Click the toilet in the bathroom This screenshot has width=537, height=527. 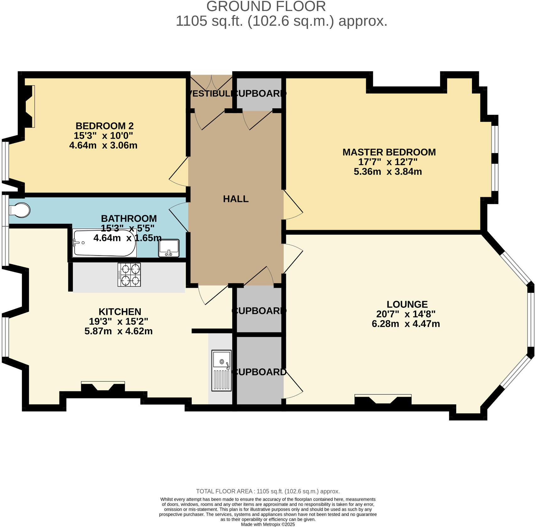click(x=20, y=210)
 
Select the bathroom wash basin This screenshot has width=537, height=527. click(x=169, y=248)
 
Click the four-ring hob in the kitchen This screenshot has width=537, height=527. click(x=129, y=275)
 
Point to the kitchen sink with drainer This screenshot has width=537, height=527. click(x=221, y=370)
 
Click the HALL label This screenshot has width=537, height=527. click(x=236, y=199)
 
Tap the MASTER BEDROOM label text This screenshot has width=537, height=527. click(x=389, y=152)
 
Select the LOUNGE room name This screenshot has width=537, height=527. click(x=407, y=304)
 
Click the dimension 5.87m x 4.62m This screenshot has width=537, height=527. click(x=118, y=331)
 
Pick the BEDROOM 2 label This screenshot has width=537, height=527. click(x=105, y=126)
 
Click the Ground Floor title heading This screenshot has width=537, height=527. click(x=266, y=6)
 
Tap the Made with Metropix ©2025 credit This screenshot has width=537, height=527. click(x=268, y=524)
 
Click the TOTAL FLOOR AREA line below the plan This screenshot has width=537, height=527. click(x=268, y=491)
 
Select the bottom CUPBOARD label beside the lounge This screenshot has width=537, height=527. click(x=259, y=372)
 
